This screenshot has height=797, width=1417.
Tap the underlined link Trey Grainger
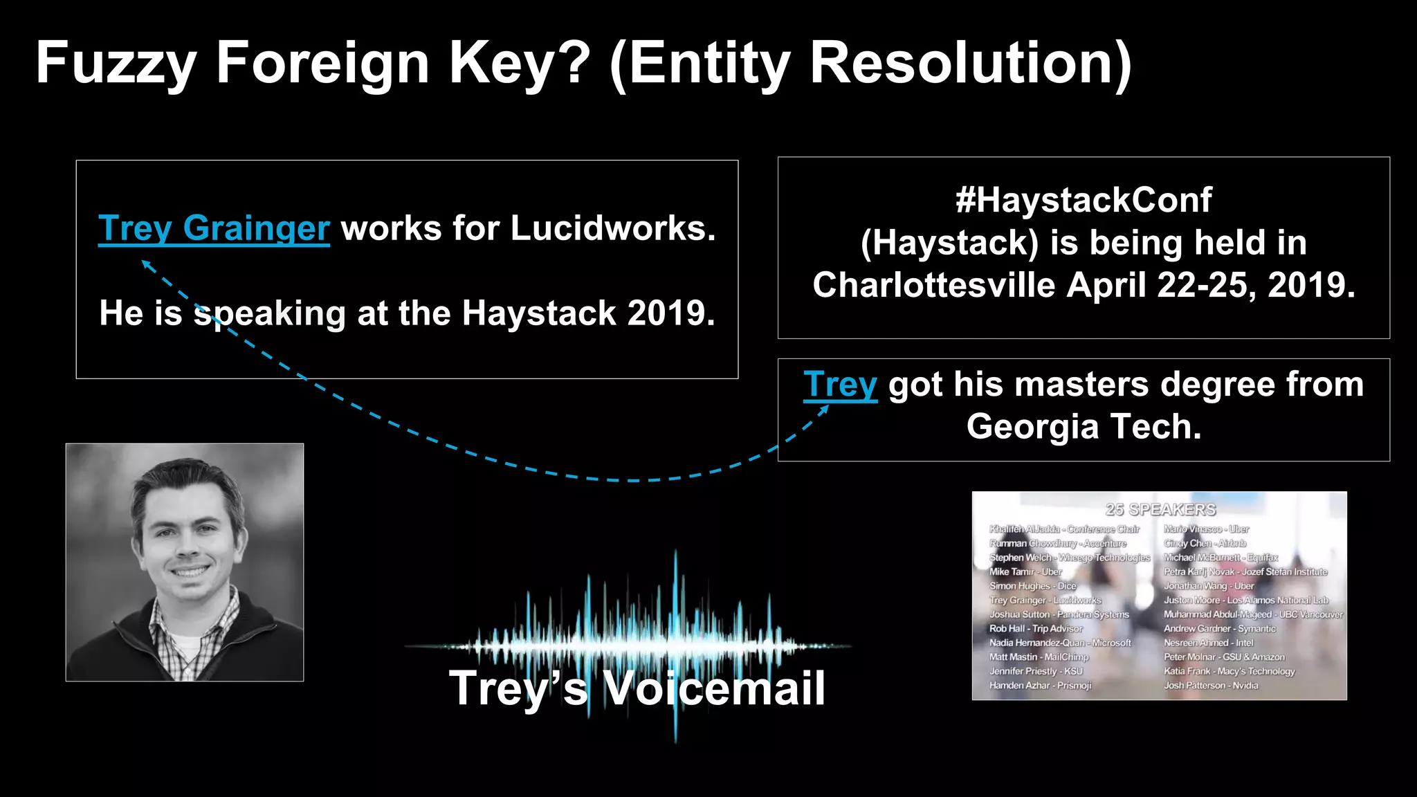(214, 228)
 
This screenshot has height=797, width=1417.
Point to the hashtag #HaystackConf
(1084, 200)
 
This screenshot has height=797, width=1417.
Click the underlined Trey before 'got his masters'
(840, 385)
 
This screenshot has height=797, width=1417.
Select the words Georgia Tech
(1084, 426)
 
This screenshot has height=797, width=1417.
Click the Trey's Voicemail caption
(637, 688)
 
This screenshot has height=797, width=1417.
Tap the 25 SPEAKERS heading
(1160, 510)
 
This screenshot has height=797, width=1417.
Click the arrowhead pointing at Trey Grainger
(145, 264)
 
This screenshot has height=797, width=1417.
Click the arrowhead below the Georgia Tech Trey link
(824, 410)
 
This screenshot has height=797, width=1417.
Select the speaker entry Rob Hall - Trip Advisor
(1036, 629)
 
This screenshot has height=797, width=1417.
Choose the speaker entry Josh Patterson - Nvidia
(1211, 686)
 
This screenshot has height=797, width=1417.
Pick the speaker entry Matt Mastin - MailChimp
(1039, 657)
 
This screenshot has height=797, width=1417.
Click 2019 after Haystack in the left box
(670, 313)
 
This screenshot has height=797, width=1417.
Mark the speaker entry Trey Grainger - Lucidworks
(1045, 601)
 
